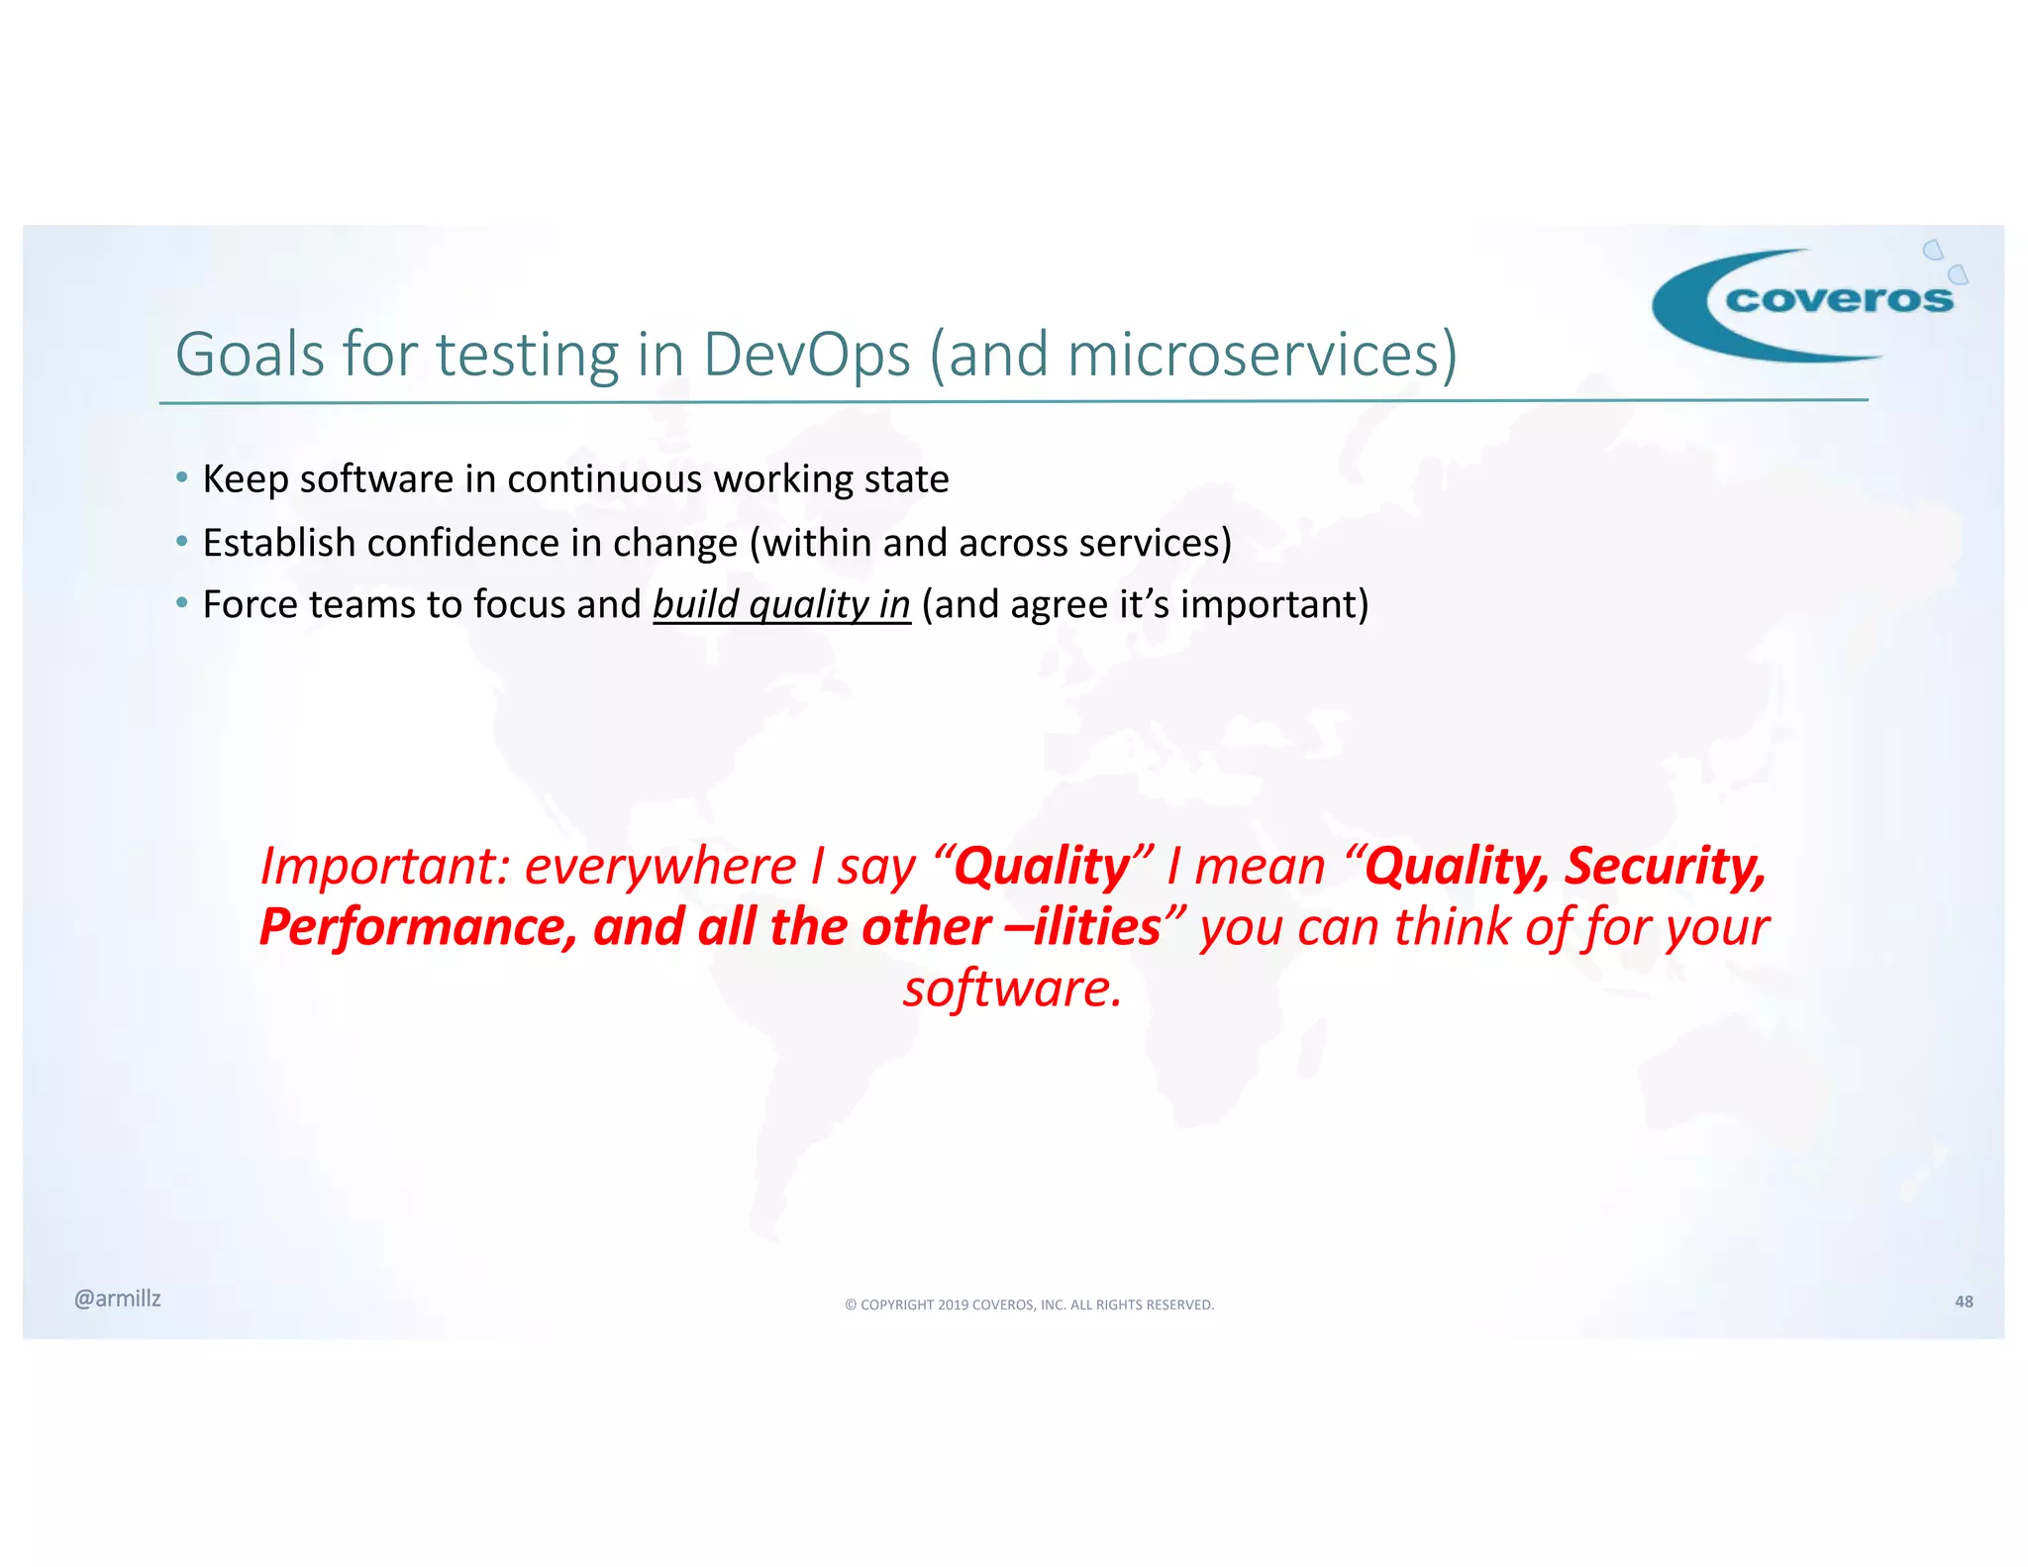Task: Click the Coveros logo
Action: coord(1807,302)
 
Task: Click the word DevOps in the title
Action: coord(806,355)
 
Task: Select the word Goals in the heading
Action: coord(250,355)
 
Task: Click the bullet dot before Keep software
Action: coord(181,478)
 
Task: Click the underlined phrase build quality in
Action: coord(781,605)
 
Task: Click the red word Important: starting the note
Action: coord(384,867)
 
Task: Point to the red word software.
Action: coord(1012,989)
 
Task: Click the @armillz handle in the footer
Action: coord(118,1299)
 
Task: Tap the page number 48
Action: coord(1964,1302)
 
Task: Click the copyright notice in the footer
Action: coord(1029,1305)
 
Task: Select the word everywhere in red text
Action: coord(659,867)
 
